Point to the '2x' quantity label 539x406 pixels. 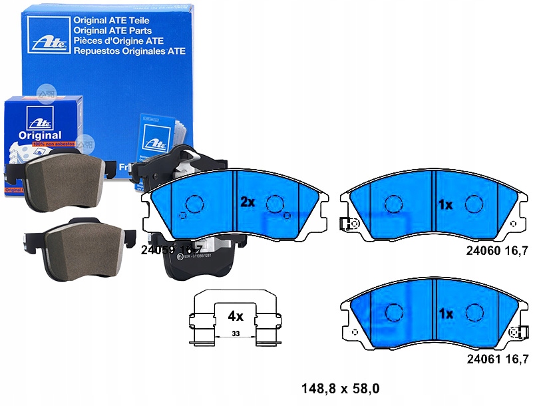click(x=248, y=202)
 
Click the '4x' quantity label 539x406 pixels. click(x=236, y=316)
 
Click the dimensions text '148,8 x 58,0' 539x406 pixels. click(x=343, y=387)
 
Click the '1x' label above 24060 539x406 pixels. click(x=445, y=204)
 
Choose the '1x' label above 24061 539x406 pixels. click(x=445, y=313)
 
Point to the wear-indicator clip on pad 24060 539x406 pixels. click(x=348, y=224)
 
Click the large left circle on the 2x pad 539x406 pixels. click(x=194, y=204)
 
